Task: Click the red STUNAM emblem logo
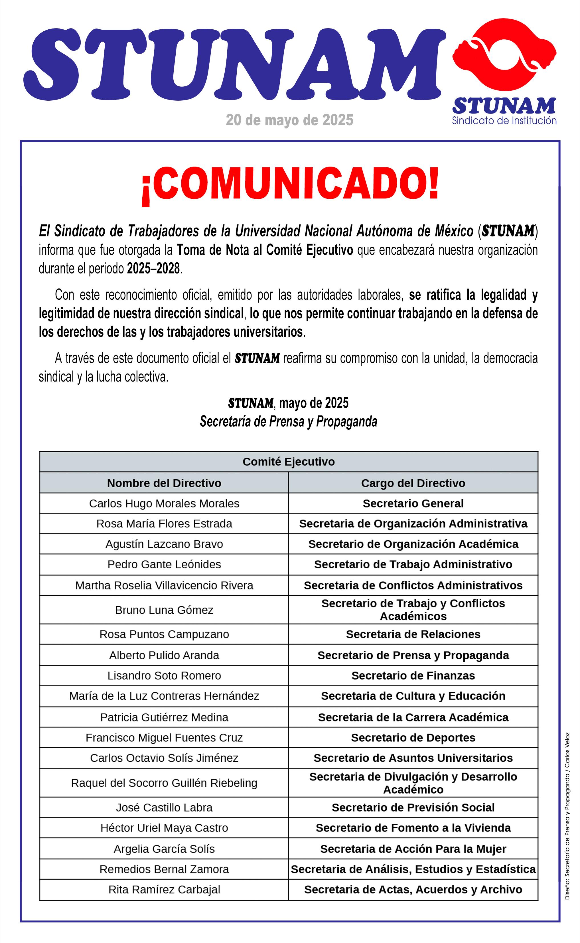[504, 52]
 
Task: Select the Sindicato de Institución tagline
[504, 121]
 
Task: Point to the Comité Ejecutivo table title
[289, 461]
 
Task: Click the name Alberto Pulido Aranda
[164, 655]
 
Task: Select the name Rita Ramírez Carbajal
[164, 889]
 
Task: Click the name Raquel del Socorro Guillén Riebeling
[164, 783]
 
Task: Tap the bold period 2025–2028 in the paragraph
[153, 268]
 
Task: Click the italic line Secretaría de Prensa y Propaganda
[289, 421]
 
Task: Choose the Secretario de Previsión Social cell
[413, 807]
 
